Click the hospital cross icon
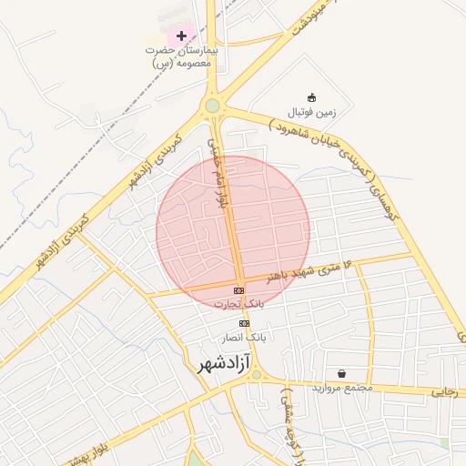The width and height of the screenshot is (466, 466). (x=182, y=35)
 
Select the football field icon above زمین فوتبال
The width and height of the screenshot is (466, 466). (x=312, y=98)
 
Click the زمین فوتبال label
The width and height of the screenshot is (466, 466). (x=312, y=112)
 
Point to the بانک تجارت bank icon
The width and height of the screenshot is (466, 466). (x=238, y=290)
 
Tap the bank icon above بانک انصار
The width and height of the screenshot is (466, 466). (x=244, y=323)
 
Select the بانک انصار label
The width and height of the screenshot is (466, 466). (x=244, y=337)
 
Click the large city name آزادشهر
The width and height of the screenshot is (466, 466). (x=225, y=365)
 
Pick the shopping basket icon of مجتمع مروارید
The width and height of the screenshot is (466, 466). (x=341, y=373)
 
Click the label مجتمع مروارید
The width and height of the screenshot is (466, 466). (x=342, y=388)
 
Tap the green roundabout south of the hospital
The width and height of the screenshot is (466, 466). (x=212, y=106)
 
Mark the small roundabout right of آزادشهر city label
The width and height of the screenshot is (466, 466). (x=257, y=374)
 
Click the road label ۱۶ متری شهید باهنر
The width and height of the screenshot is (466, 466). (x=309, y=270)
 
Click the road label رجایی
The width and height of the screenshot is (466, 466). (x=443, y=392)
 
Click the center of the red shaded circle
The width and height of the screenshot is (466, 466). (x=233, y=232)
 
